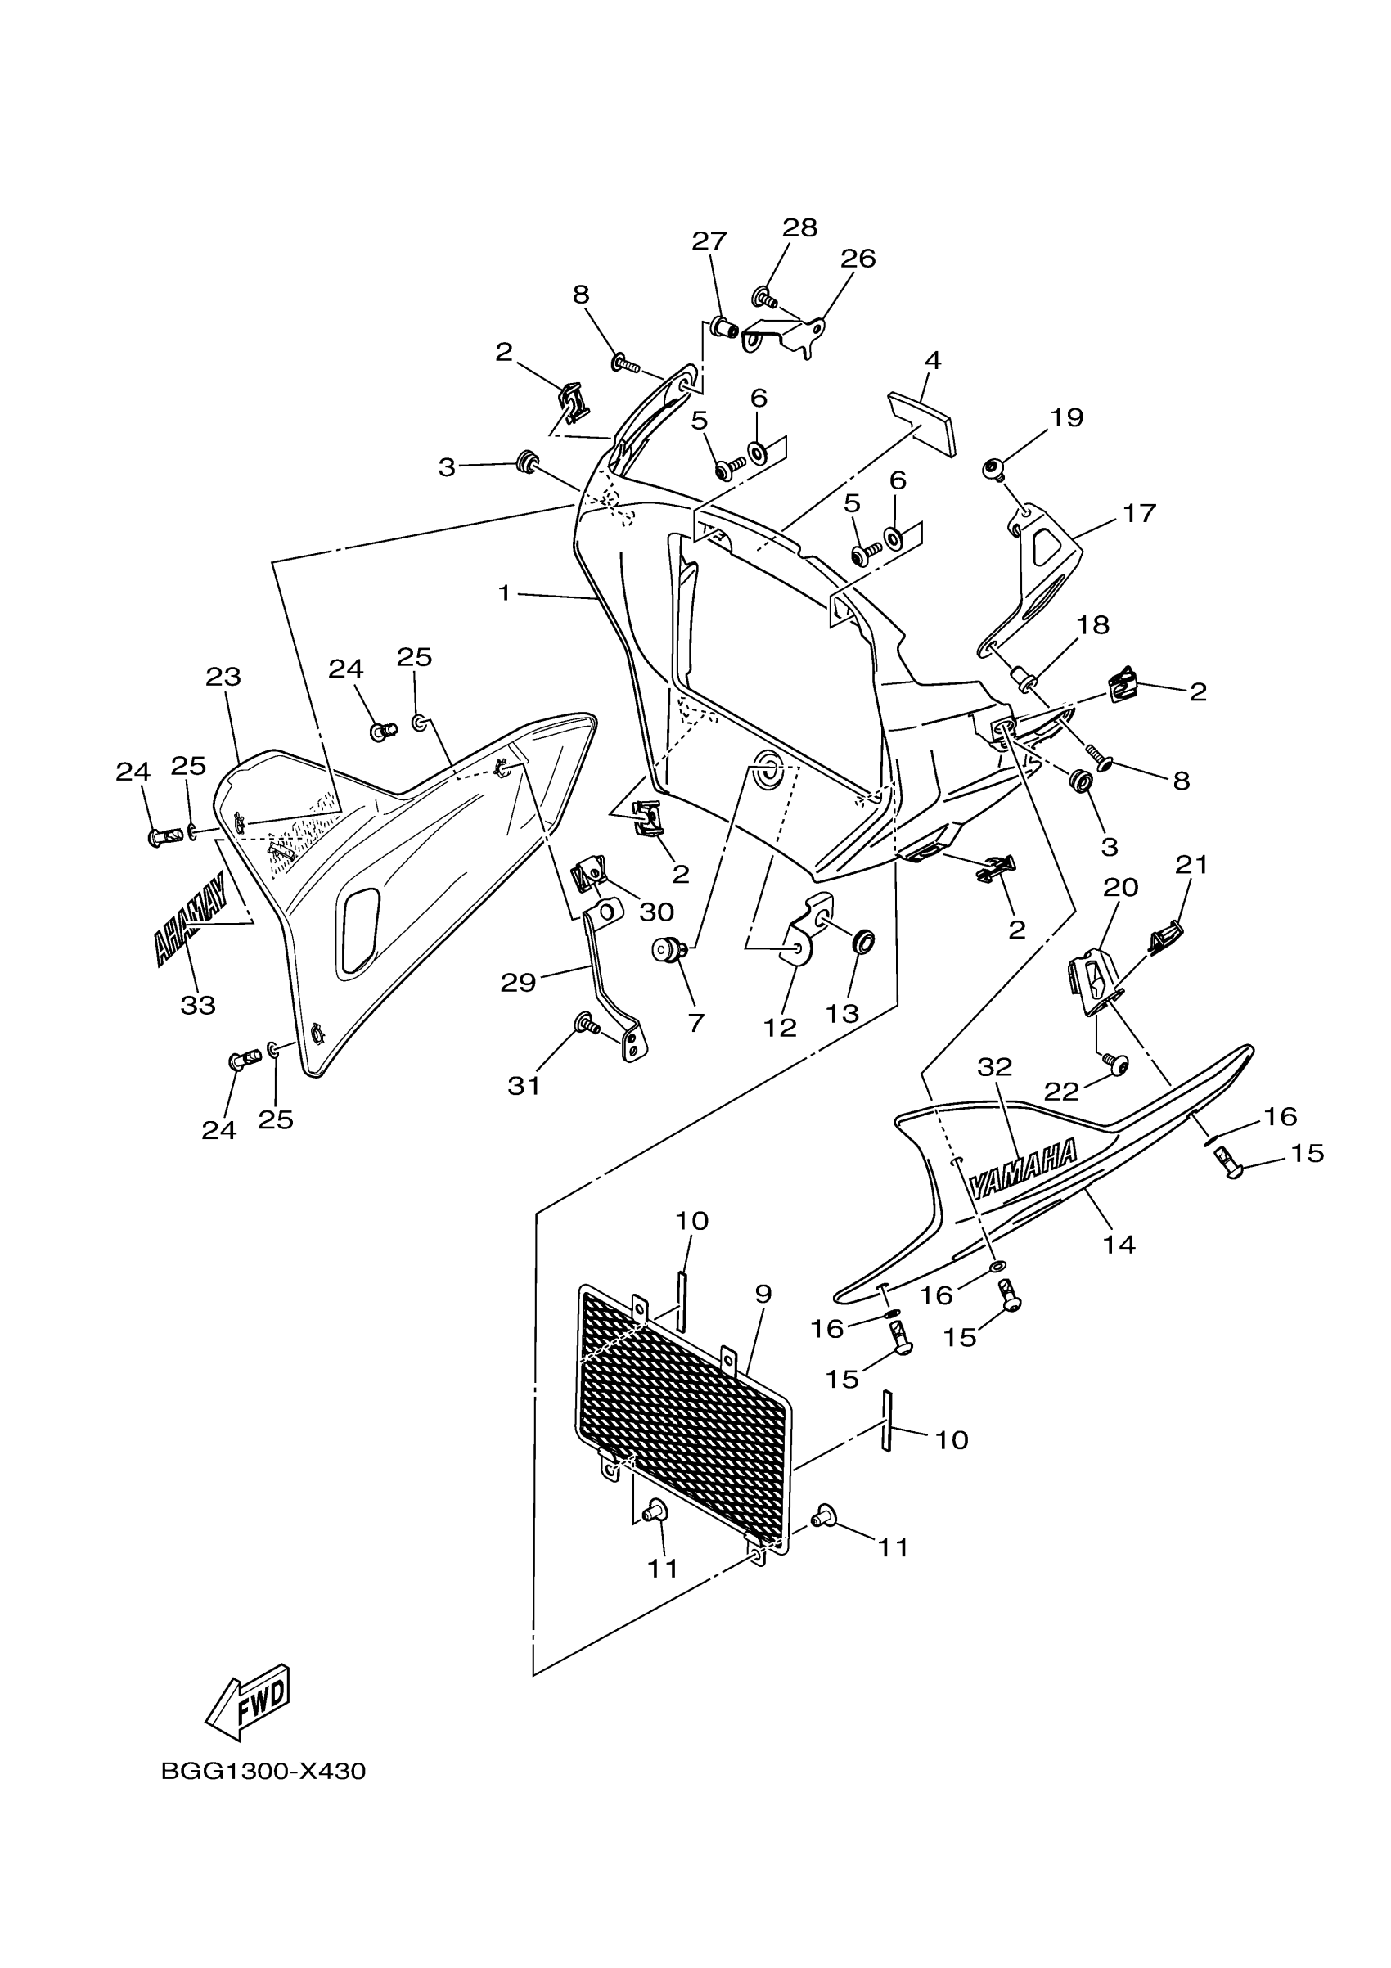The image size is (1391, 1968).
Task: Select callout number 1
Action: (x=504, y=592)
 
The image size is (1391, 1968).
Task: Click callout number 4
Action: (x=934, y=361)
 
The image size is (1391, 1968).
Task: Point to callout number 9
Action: (x=763, y=1295)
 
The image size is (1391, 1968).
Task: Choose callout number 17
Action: (x=1139, y=513)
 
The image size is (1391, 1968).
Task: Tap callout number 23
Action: (x=223, y=678)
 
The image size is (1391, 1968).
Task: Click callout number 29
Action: (x=519, y=982)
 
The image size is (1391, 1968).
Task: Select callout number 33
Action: (x=198, y=1006)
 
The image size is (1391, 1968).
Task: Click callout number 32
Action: (x=995, y=1067)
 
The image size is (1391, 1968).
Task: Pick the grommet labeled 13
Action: (x=863, y=943)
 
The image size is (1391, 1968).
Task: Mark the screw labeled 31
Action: (x=585, y=1022)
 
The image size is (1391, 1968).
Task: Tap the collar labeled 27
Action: (x=724, y=326)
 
